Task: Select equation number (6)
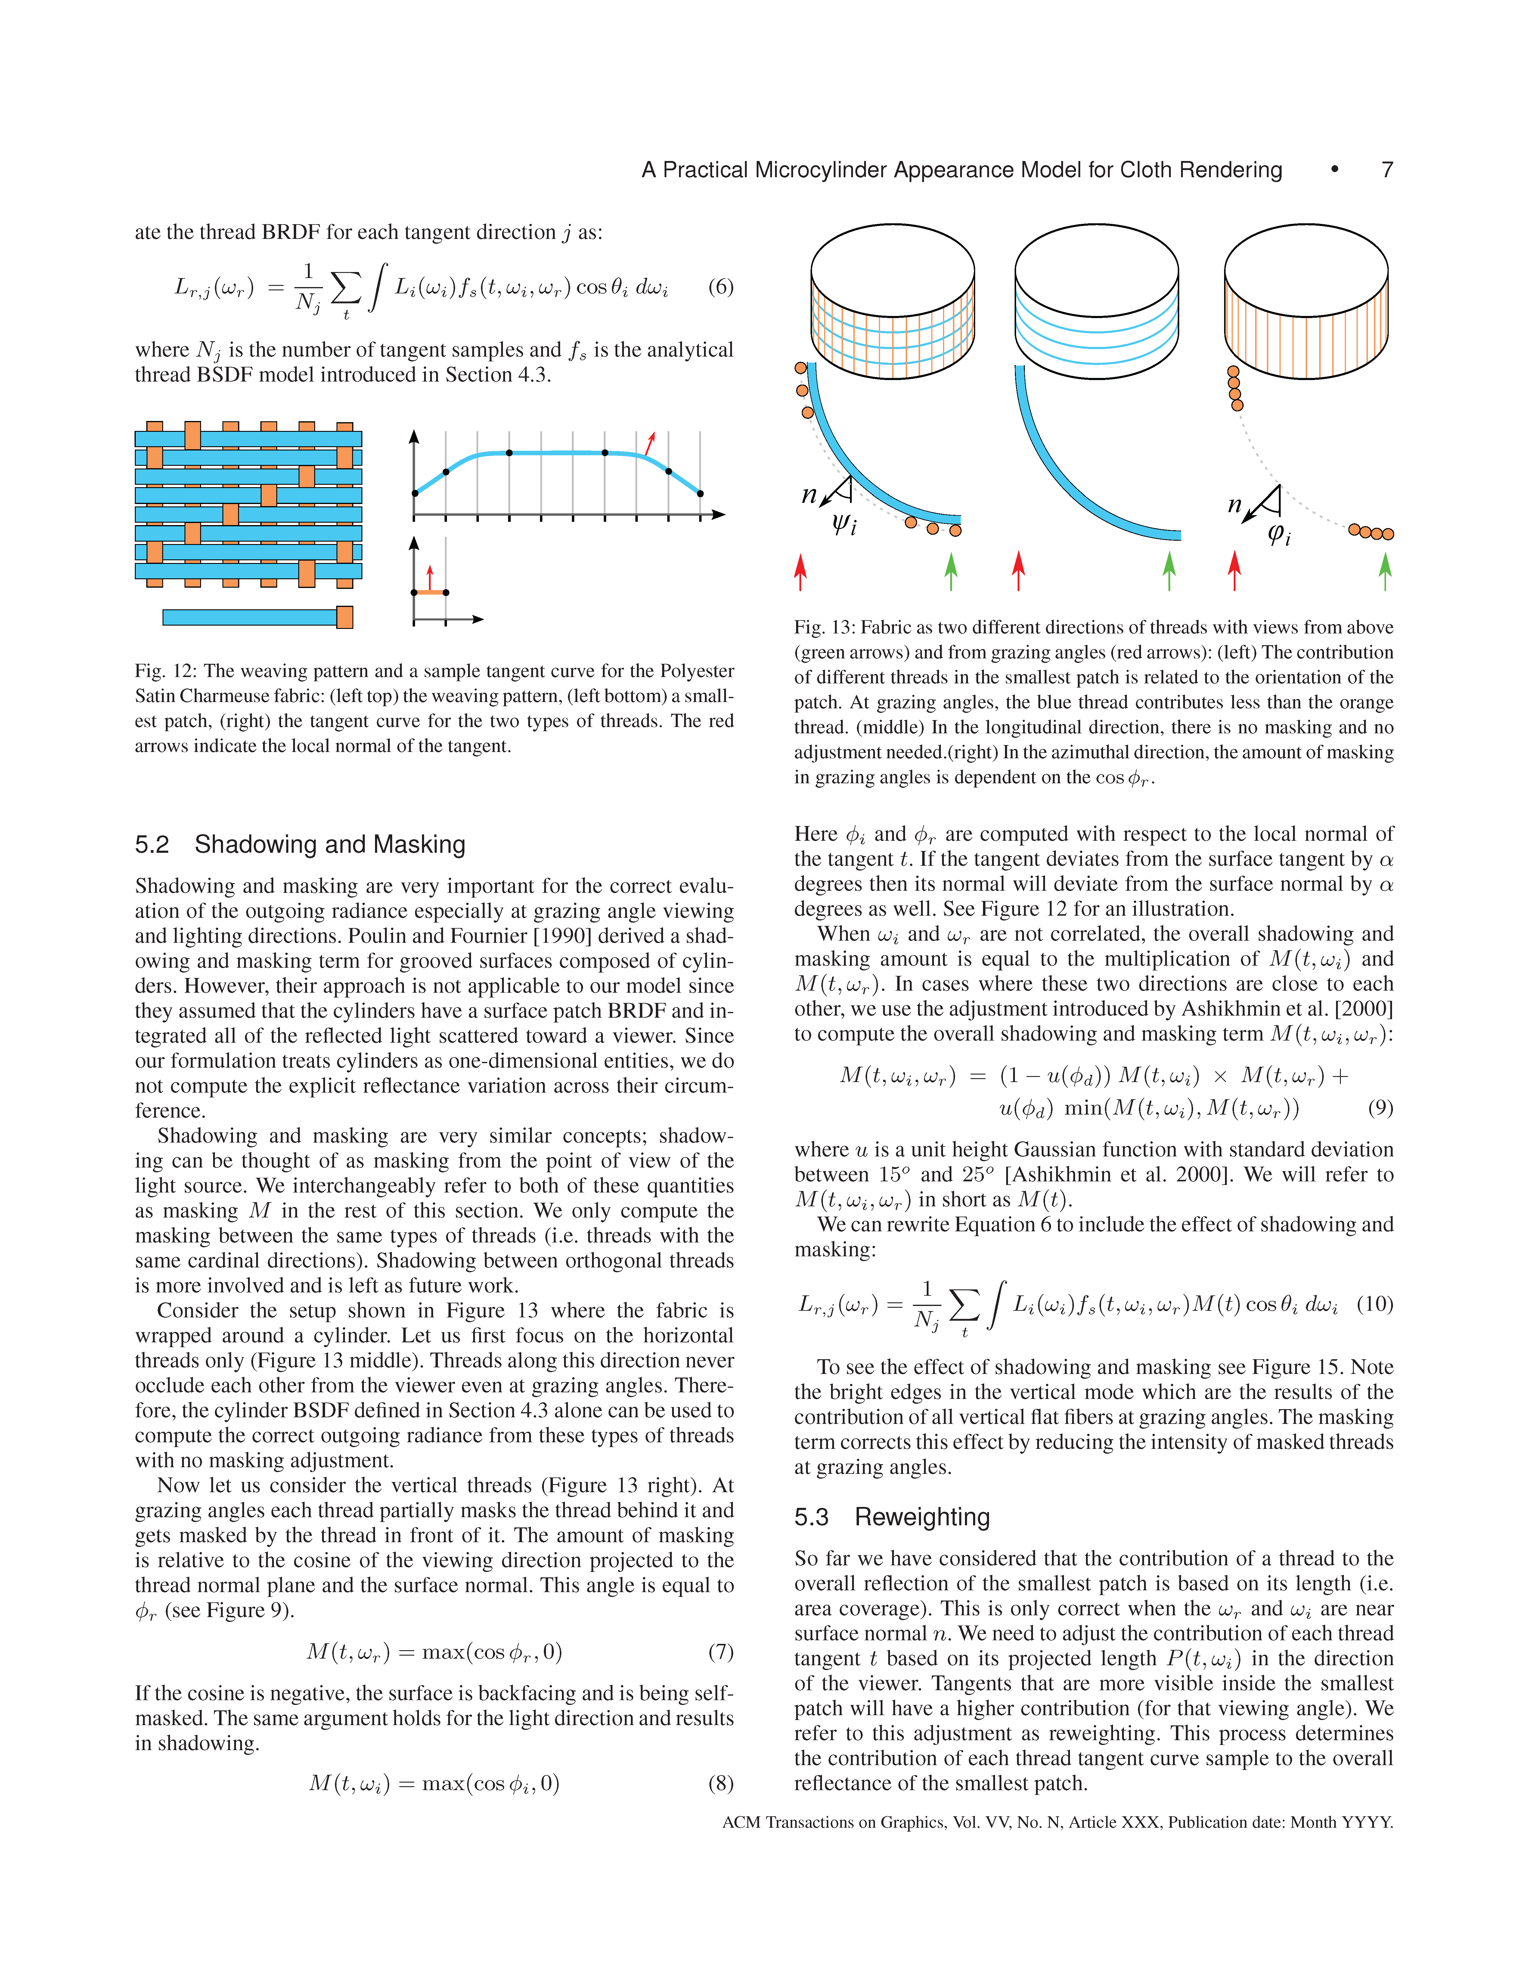[x=720, y=287]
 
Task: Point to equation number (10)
[x=1374, y=1304]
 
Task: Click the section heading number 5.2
[x=152, y=845]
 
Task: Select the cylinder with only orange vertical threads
[x=1306, y=300]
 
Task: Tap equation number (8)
[x=720, y=1783]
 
